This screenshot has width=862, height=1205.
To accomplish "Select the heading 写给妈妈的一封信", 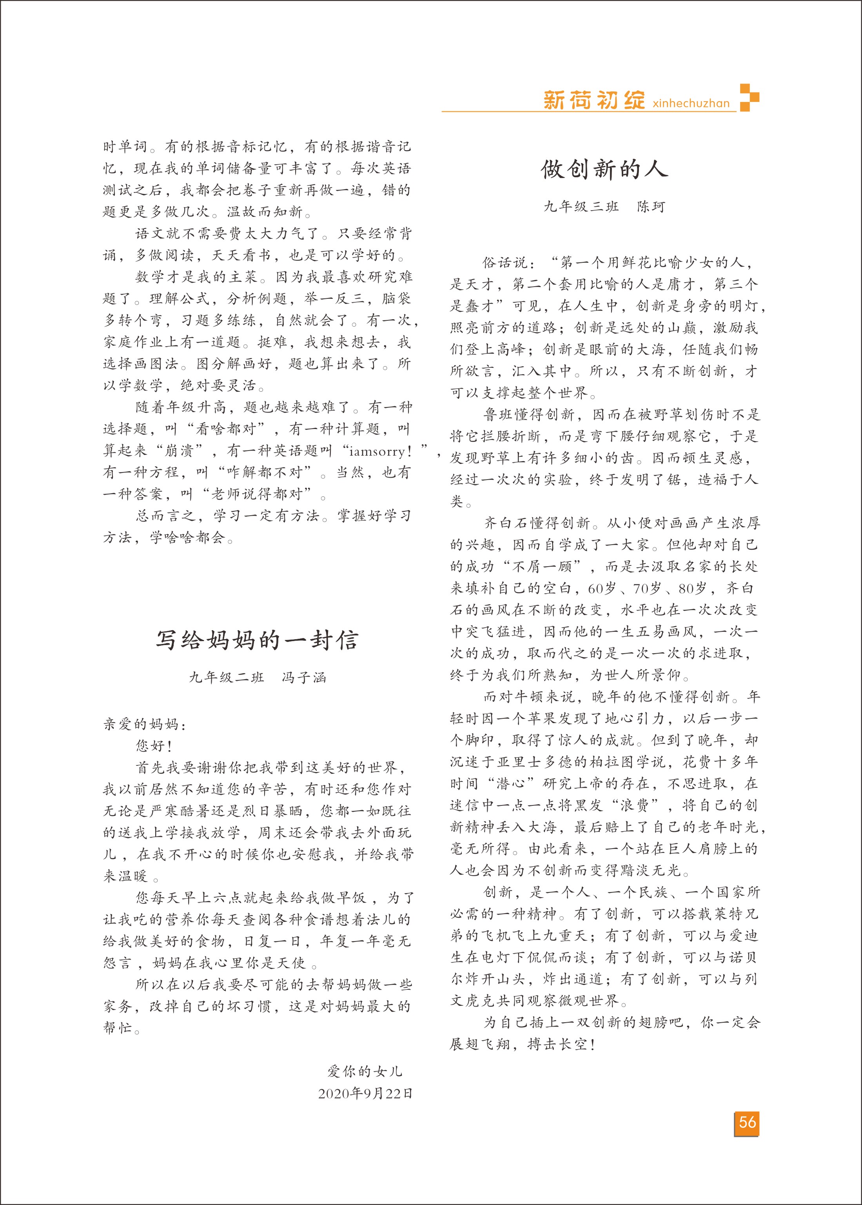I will pos(257,640).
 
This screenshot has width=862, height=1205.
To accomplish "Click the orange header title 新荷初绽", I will pos(593,100).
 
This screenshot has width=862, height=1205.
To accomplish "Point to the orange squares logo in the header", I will pos(749,97).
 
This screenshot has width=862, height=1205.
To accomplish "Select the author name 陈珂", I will pos(651,207).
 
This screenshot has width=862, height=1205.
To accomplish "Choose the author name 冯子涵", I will pos(304,677).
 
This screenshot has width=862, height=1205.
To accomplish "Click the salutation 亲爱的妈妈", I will pos(144,724).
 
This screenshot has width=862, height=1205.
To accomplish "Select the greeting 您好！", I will pos(154,746).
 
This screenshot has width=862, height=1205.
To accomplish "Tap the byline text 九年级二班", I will pos(226,677).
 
